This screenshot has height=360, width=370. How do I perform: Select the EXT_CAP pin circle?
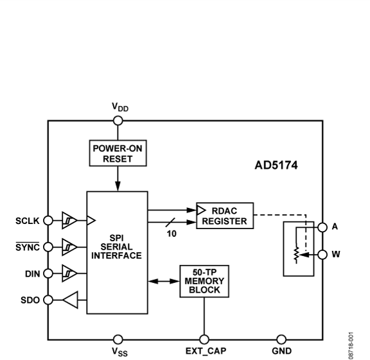point(204,339)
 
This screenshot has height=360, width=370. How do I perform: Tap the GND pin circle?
point(281,339)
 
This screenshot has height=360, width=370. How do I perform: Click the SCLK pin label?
point(28,221)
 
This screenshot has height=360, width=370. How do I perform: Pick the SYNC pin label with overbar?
point(28,244)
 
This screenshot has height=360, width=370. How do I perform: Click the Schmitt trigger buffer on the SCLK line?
point(69,221)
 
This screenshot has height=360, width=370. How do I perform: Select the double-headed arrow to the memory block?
point(163,280)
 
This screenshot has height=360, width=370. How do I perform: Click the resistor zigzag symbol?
point(295,254)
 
